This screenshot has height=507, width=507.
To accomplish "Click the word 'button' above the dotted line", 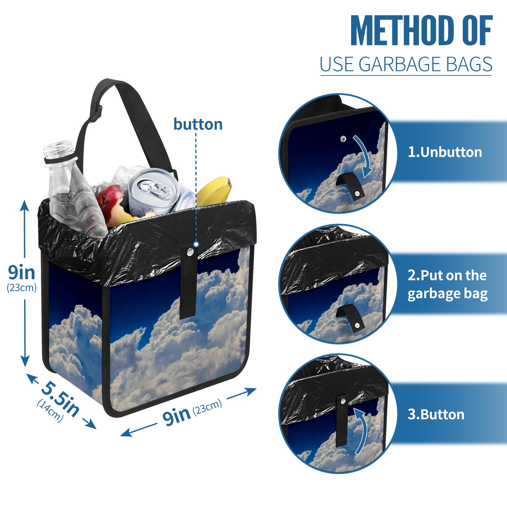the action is tap(198, 124).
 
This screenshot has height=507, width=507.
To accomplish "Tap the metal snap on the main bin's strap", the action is tap(190, 252).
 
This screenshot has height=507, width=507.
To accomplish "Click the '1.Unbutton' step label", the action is tap(445, 152).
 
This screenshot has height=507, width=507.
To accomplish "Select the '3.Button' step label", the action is tap(436, 414).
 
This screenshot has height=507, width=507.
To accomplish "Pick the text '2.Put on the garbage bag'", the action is tap(447, 285).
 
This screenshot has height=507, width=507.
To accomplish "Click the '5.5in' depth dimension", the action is tap(60, 399).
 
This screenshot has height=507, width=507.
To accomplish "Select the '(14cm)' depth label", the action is tap(50, 411).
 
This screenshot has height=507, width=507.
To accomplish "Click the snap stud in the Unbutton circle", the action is tap(343, 139).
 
